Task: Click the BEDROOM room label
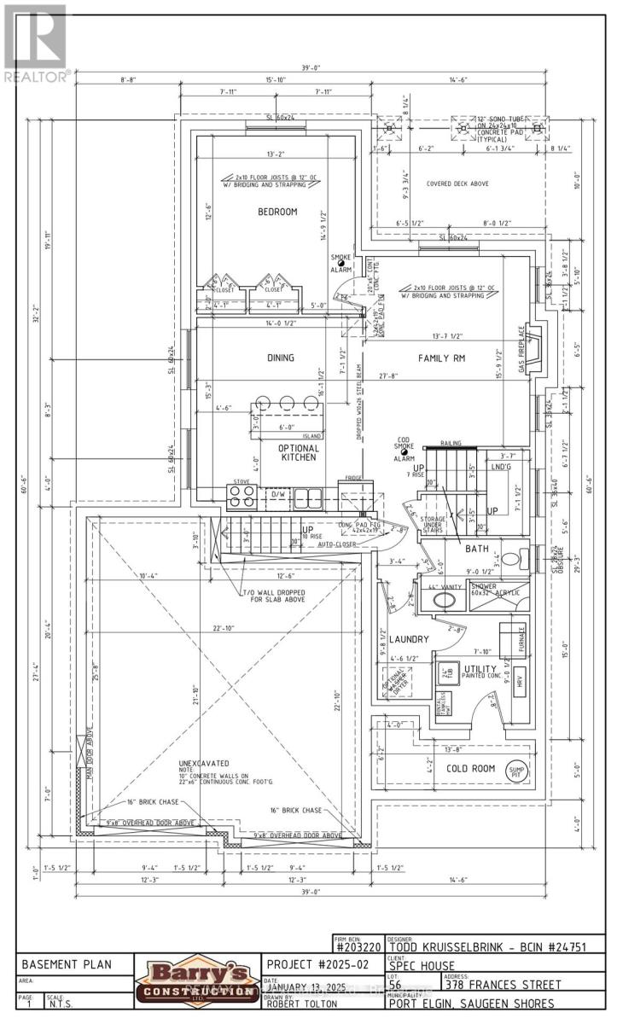pos(278,212)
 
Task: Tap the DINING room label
pos(280,358)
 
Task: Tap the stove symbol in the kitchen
pos(242,494)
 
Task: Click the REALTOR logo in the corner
pos(35,43)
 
